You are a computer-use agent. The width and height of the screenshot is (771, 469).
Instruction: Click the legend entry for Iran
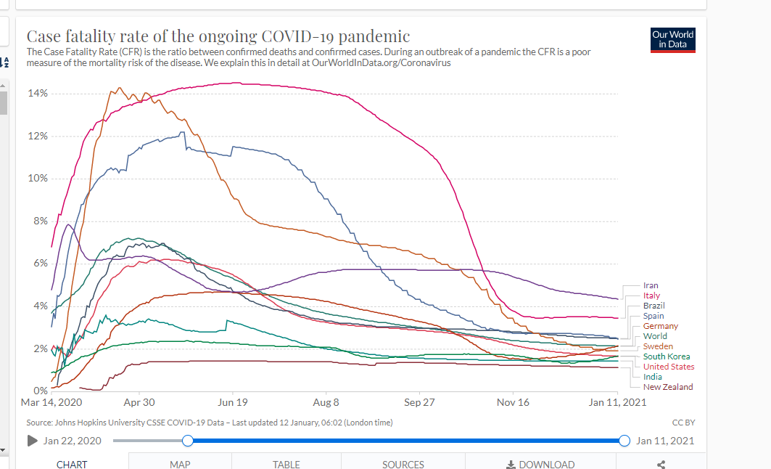point(651,285)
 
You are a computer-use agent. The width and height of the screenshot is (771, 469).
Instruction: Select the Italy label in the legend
point(651,295)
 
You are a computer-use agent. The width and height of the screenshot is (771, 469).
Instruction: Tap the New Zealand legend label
point(668,387)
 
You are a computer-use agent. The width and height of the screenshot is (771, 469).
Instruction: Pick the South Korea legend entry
point(667,356)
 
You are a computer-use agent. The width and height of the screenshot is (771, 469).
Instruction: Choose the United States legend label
point(669,367)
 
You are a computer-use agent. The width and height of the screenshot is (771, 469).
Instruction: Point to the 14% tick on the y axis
point(38,94)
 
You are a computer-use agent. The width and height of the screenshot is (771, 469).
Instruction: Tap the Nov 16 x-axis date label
point(513,402)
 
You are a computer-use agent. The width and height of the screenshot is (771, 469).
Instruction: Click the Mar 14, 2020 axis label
point(51,402)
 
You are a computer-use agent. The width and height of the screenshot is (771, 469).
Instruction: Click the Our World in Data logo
point(673,40)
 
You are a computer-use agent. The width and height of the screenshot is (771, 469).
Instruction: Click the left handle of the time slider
point(188,441)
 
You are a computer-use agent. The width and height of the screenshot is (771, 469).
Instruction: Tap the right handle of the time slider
point(624,441)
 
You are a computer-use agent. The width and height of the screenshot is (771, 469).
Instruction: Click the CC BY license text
point(684,423)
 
